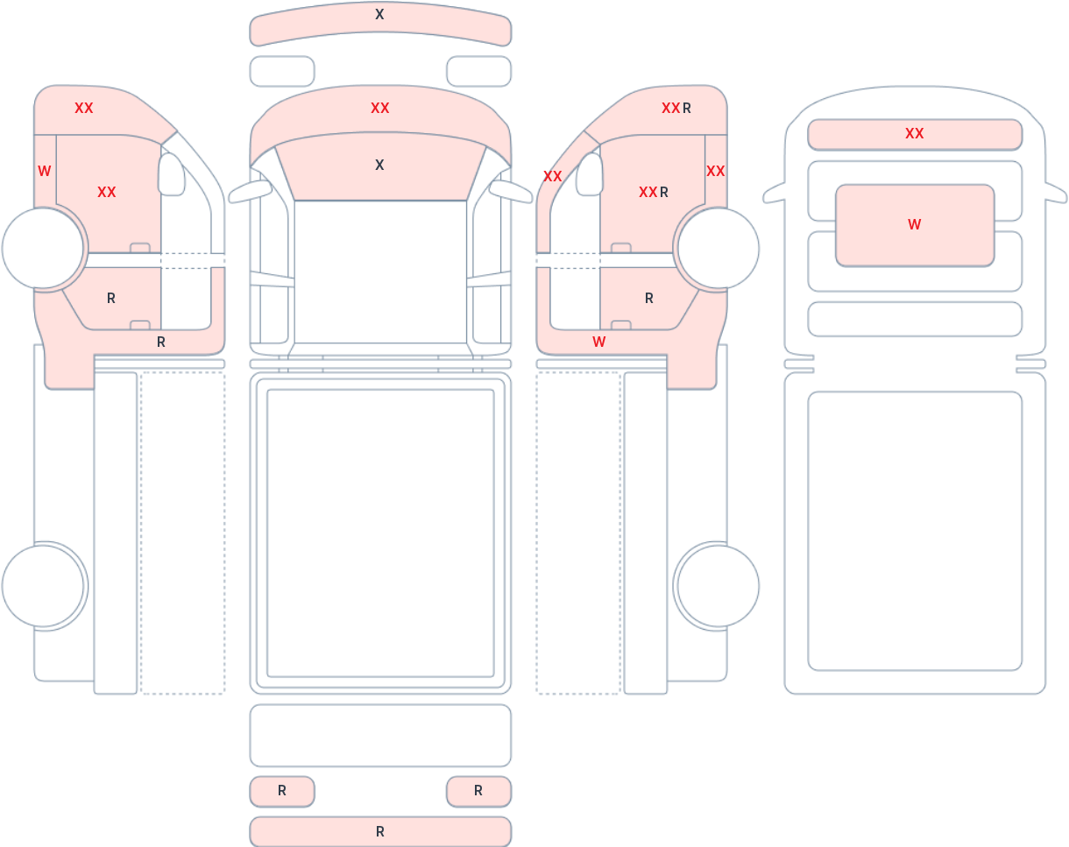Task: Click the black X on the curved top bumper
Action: pos(379,14)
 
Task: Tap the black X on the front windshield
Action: pos(379,165)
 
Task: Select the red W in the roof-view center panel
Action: pos(914,224)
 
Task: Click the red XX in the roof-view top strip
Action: pos(914,133)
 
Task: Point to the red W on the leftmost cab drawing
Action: pos(44,172)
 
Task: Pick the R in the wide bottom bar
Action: pos(380,831)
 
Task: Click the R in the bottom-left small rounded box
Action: pos(281,790)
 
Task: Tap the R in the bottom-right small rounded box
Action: pos(478,790)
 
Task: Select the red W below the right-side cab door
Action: pos(598,342)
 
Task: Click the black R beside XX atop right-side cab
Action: pos(686,109)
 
